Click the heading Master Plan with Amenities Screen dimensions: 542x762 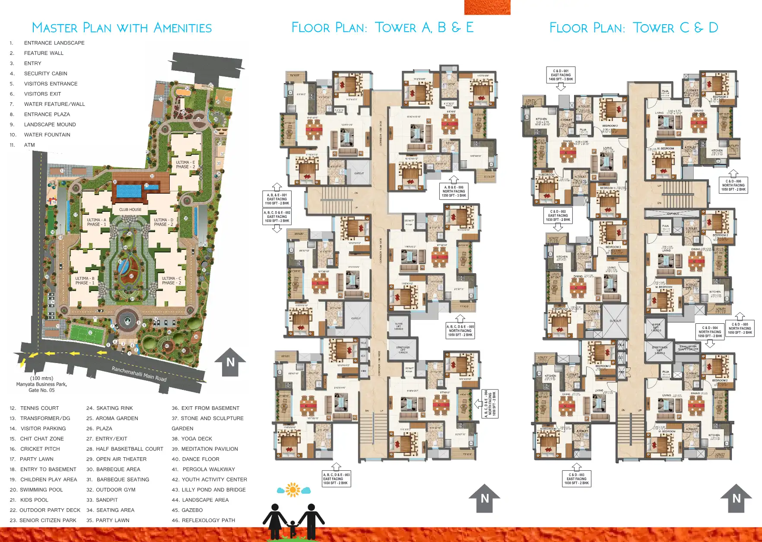(x=122, y=28)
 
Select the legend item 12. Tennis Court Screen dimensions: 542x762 (x=34, y=408)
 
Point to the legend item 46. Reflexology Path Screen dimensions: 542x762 (x=203, y=520)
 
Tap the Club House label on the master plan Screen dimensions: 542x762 (x=130, y=210)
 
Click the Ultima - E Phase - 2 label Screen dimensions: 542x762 (x=185, y=165)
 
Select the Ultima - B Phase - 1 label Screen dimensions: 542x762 (x=85, y=281)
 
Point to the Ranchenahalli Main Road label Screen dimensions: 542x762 (x=139, y=374)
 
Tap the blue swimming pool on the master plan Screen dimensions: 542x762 (x=129, y=191)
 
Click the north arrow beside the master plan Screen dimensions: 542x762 (x=230, y=362)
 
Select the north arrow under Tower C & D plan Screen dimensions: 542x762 (x=736, y=498)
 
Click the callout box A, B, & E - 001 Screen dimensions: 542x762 (x=277, y=199)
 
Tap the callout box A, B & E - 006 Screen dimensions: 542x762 (x=454, y=191)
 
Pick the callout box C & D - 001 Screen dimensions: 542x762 (x=561, y=75)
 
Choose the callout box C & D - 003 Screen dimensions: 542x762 (x=576, y=479)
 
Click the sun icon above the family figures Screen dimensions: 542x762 (x=293, y=490)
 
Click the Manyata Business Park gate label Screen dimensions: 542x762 (x=41, y=384)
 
